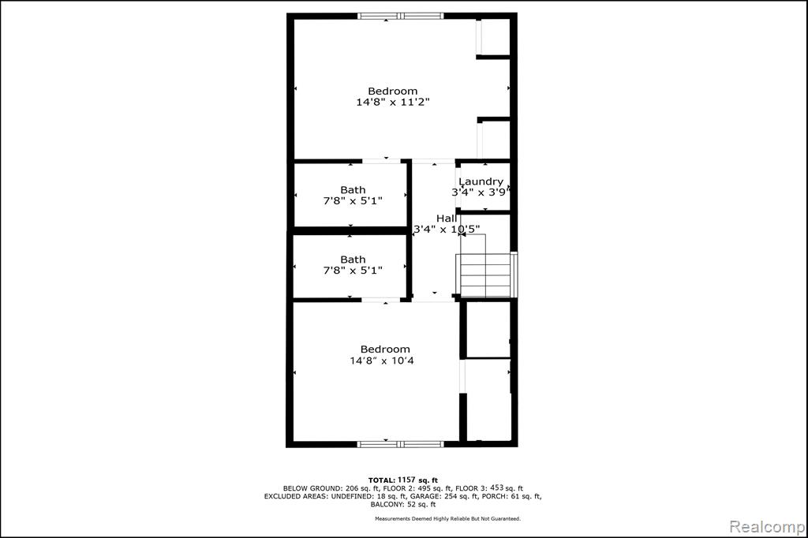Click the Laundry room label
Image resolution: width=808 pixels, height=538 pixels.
[481, 181]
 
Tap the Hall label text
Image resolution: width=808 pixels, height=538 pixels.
[447, 218]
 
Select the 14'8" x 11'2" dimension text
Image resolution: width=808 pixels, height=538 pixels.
[393, 102]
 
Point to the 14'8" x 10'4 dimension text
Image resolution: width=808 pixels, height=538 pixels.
[382, 361]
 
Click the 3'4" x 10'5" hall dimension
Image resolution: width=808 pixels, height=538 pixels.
[447, 229]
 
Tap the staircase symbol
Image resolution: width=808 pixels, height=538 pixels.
[485, 275]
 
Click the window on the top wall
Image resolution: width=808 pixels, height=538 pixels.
[400, 16]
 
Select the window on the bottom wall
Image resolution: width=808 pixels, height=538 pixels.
[400, 443]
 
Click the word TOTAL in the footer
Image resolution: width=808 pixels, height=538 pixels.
[381, 480]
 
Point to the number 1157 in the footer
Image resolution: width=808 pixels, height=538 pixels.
[406, 480]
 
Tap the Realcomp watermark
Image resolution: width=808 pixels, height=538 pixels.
[767, 527]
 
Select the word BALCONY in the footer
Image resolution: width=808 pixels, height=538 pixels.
[387, 505]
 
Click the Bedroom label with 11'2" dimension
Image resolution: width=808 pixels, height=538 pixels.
[393, 92]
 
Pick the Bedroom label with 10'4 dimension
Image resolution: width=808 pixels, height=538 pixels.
[385, 349]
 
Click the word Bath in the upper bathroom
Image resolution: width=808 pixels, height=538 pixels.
[353, 190]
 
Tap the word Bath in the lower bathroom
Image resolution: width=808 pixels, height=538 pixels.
[353, 260]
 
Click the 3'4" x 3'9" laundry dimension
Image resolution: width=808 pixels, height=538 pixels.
[481, 192]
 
